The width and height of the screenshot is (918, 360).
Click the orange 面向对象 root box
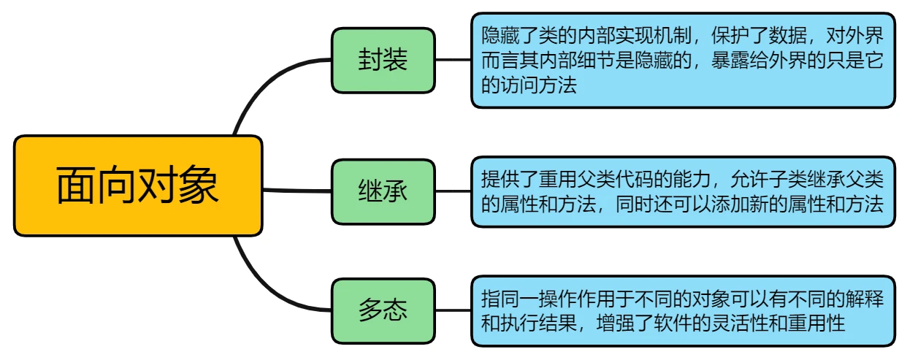[x=138, y=185]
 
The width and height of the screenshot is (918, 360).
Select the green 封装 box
[x=383, y=60]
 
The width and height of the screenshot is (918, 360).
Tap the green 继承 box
[x=383, y=191]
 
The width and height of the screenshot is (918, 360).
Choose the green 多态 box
[x=383, y=311]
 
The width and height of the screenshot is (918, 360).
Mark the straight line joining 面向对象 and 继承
[x=297, y=191]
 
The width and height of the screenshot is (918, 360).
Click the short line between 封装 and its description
[x=453, y=60]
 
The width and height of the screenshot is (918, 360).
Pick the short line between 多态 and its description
[x=453, y=310]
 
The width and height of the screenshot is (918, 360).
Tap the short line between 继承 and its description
[x=453, y=191]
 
